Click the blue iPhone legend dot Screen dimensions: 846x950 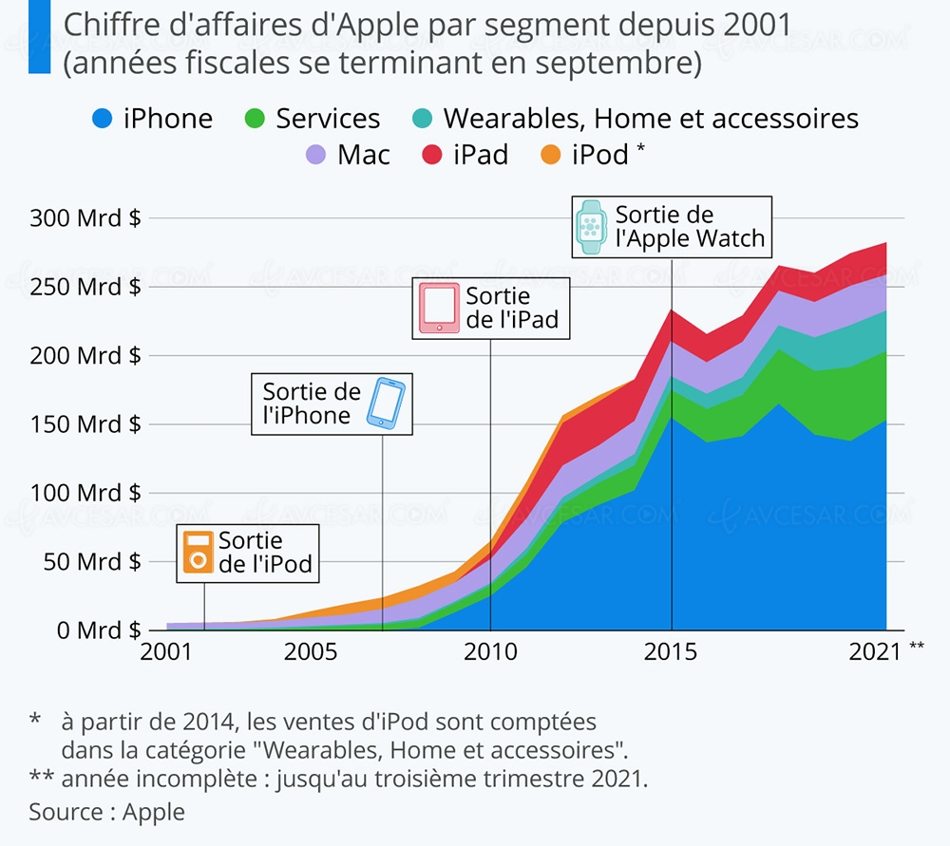pos(102,119)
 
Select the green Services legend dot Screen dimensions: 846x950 pos(253,119)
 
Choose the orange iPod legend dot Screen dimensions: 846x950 pos(551,155)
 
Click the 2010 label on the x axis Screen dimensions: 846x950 pos(490,652)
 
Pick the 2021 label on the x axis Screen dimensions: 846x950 pos(874,652)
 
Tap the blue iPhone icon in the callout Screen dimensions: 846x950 pos(387,403)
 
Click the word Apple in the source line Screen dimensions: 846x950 pos(154,812)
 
